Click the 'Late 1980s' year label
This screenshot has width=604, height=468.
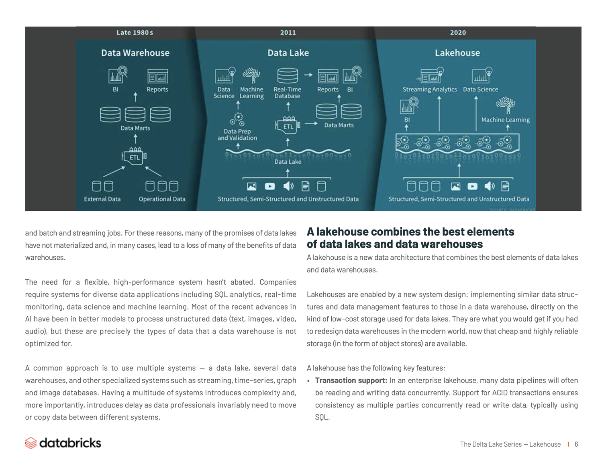135,33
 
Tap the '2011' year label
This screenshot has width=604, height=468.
288,33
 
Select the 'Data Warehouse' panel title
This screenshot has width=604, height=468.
135,53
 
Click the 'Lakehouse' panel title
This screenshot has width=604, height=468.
457,53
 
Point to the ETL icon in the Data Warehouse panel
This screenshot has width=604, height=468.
134,157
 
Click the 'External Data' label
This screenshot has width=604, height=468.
102,199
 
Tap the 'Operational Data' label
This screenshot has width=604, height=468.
162,199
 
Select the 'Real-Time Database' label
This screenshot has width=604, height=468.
287,93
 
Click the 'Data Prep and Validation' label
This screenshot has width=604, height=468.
237,135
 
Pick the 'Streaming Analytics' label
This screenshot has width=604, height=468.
429,90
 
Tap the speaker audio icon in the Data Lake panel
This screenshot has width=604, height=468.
288,186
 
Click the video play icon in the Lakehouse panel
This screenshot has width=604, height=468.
472,186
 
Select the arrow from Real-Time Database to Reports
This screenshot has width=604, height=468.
308,75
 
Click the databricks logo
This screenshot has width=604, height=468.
63,443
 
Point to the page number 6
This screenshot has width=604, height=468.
576,444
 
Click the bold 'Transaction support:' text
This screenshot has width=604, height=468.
351,381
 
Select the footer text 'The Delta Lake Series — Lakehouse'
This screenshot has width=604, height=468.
510,444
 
